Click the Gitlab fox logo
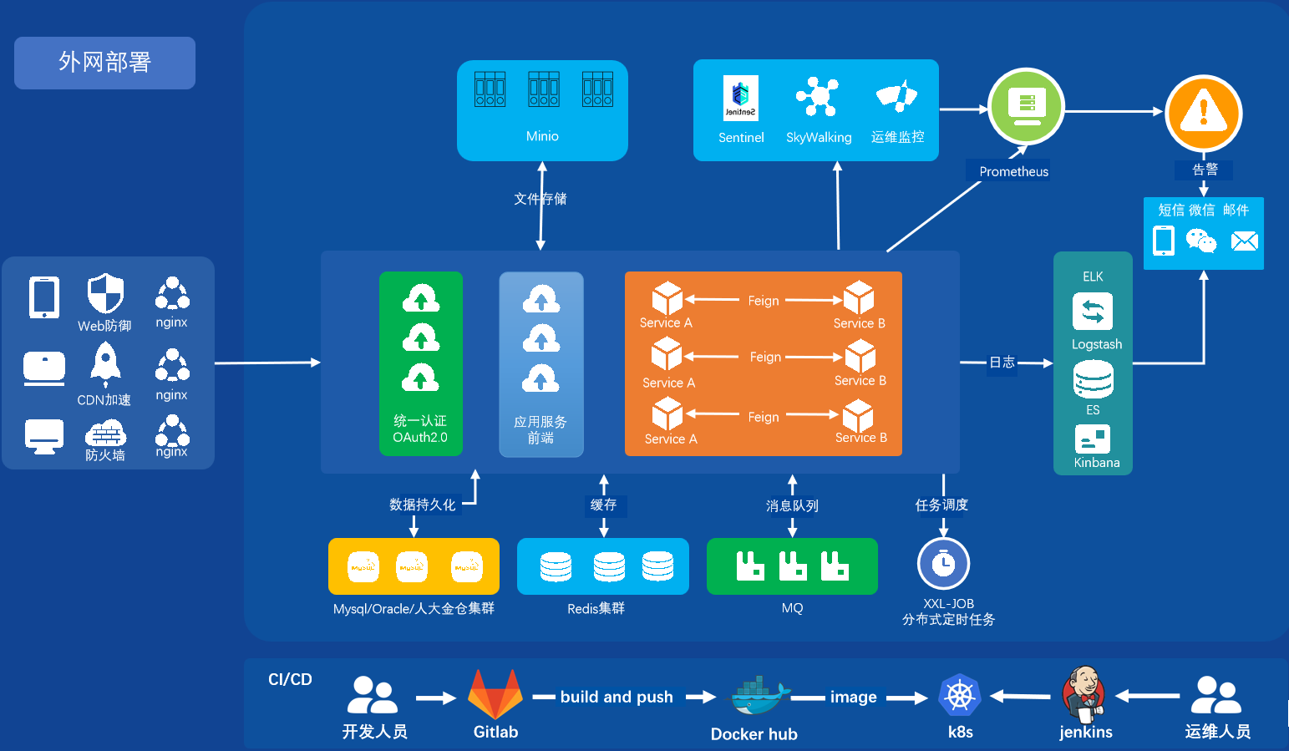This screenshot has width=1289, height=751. pyautogui.click(x=495, y=694)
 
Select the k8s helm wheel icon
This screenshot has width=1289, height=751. pyautogui.click(x=960, y=695)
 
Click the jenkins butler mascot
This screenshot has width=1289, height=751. pyautogui.click(x=1083, y=694)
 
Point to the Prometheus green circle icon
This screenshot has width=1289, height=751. pyautogui.click(x=1026, y=106)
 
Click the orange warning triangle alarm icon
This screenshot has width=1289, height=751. pyautogui.click(x=1204, y=112)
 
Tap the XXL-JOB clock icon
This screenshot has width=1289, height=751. pyautogui.click(x=943, y=564)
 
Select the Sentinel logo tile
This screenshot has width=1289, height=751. pyautogui.click(x=740, y=99)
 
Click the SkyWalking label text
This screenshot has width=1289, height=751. pyautogui.click(x=819, y=138)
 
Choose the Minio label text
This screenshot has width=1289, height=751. pyautogui.click(x=542, y=136)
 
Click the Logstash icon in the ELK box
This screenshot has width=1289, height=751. pyautogui.click(x=1093, y=312)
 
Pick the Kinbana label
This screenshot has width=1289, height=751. pyautogui.click(x=1097, y=463)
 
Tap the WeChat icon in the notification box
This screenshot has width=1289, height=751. pyautogui.click(x=1201, y=241)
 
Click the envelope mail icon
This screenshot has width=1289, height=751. pyautogui.click(x=1244, y=241)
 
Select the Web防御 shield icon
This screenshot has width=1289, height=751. pyautogui.click(x=105, y=293)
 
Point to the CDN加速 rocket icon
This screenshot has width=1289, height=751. pyautogui.click(x=105, y=364)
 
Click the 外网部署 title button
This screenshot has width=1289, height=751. pyautogui.click(x=104, y=63)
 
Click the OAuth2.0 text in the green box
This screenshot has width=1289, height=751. pyautogui.click(x=420, y=437)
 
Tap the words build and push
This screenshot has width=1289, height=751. pyautogui.click(x=617, y=697)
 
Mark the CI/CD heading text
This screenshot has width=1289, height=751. pyautogui.click(x=290, y=679)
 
